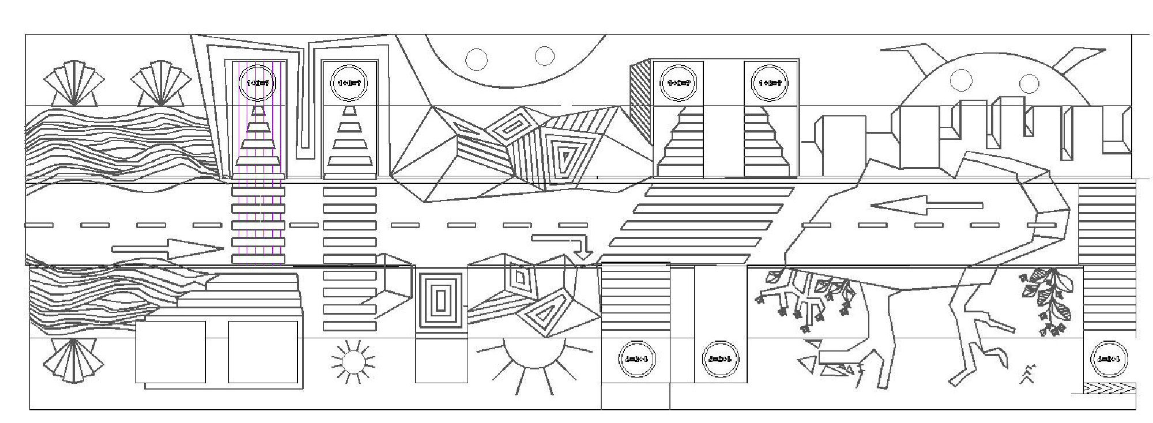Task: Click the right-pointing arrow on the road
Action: [167, 249]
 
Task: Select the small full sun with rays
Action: [353, 361]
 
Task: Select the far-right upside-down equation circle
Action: [1109, 359]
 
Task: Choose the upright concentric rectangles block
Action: [441, 301]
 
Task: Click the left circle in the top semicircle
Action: [477, 58]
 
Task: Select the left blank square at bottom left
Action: [171, 352]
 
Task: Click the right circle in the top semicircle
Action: [544, 56]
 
